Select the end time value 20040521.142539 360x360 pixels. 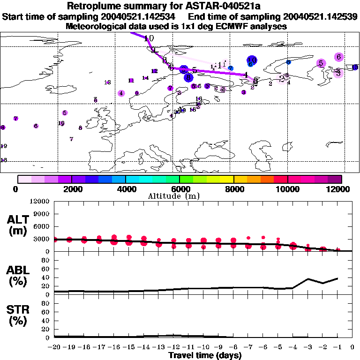pyautogui.click(x=322, y=17)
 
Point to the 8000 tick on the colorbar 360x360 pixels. pyautogui.click(x=234, y=179)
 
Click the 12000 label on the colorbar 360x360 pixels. pyautogui.click(x=342, y=189)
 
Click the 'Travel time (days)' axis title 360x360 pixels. pyautogui.click(x=205, y=356)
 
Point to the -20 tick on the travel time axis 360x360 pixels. pyautogui.click(x=54, y=347)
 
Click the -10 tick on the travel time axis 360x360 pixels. pyautogui.click(x=203, y=347)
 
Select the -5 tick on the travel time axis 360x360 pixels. pyautogui.click(x=278, y=347)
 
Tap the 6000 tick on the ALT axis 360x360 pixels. pyautogui.click(x=41, y=226)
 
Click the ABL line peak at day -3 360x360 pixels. pyautogui.click(x=307, y=279)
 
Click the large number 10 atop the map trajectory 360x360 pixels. pyautogui.click(x=149, y=38)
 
